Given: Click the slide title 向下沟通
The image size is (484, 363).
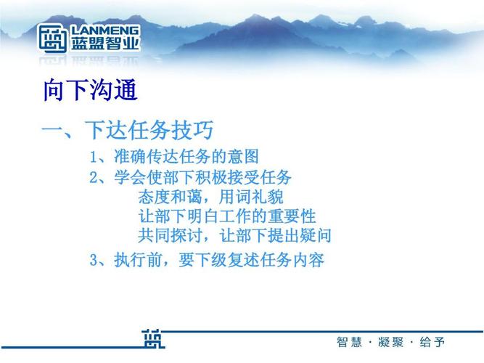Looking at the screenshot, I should tap(90, 92).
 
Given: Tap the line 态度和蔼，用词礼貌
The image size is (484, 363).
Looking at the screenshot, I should tap(210, 197).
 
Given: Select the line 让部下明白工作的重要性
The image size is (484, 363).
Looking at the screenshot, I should tap(226, 216).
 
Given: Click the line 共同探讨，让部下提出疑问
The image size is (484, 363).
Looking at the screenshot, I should tap(234, 235).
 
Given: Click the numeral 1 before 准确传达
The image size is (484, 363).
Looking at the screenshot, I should tap(94, 158).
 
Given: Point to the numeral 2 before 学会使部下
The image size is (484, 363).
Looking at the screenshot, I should tap(94, 177).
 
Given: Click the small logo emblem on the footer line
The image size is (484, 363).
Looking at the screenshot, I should tap(154, 339).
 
